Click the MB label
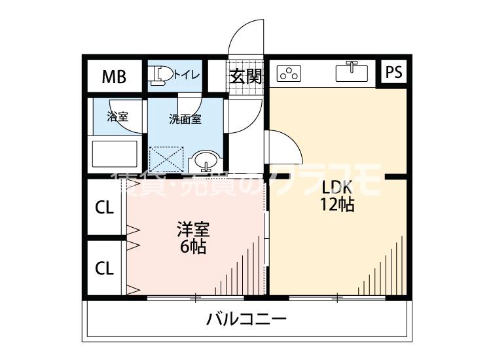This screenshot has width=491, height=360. [113, 77]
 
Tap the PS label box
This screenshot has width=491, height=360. [393, 72]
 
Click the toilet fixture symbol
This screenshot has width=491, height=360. [160, 76]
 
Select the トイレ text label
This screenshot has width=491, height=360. [187, 76]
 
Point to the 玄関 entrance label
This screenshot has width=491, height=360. [245, 77]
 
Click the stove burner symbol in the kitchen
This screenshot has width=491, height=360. [289, 74]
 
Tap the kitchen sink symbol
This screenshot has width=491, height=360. [352, 71]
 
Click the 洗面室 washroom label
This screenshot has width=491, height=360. [185, 119]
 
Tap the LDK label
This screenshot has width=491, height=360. [336, 185]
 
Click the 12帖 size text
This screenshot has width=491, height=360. [336, 204]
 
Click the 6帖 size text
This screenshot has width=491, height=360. [193, 247]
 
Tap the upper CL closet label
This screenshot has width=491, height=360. [105, 208]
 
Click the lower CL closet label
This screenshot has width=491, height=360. [105, 268]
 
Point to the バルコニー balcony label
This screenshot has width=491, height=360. [247, 320]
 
